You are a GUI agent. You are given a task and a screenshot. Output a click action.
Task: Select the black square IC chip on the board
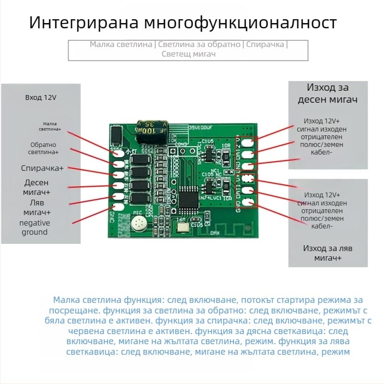(x=189, y=198)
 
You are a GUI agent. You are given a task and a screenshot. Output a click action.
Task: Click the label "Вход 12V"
(x=41, y=97)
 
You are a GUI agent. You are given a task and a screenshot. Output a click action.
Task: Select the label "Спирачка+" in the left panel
(x=42, y=168)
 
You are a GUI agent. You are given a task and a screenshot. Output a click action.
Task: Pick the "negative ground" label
(x=35, y=228)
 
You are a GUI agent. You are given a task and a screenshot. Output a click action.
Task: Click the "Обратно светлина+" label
(x=44, y=148)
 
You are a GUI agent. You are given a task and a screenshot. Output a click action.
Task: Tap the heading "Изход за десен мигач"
(x=328, y=94)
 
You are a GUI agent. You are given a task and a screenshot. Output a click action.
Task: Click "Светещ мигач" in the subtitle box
(x=188, y=54)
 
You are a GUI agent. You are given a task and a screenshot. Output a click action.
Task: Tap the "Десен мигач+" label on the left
(x=36, y=187)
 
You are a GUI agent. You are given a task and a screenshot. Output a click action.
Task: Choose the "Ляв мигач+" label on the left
(x=36, y=207)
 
